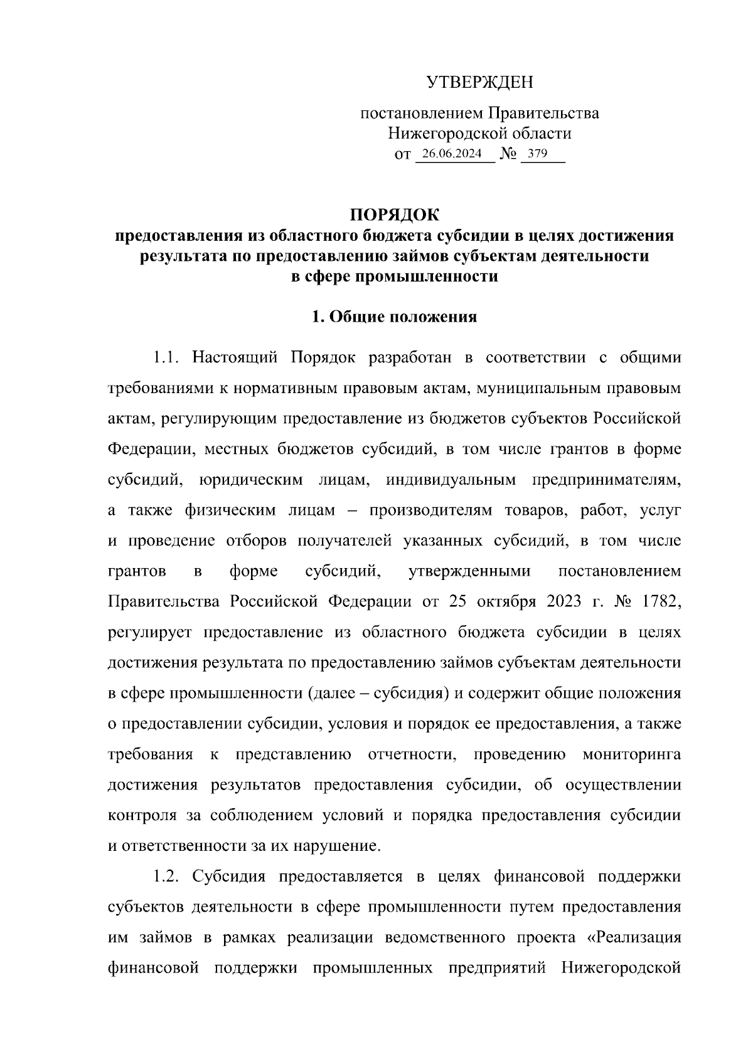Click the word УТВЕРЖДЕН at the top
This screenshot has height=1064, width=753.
[479, 82]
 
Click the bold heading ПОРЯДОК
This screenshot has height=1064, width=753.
[395, 215]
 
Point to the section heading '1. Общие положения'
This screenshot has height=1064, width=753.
[395, 317]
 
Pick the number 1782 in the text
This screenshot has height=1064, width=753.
[658, 602]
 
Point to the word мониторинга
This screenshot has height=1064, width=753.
[632, 754]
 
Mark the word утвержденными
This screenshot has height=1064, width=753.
[469, 572]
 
